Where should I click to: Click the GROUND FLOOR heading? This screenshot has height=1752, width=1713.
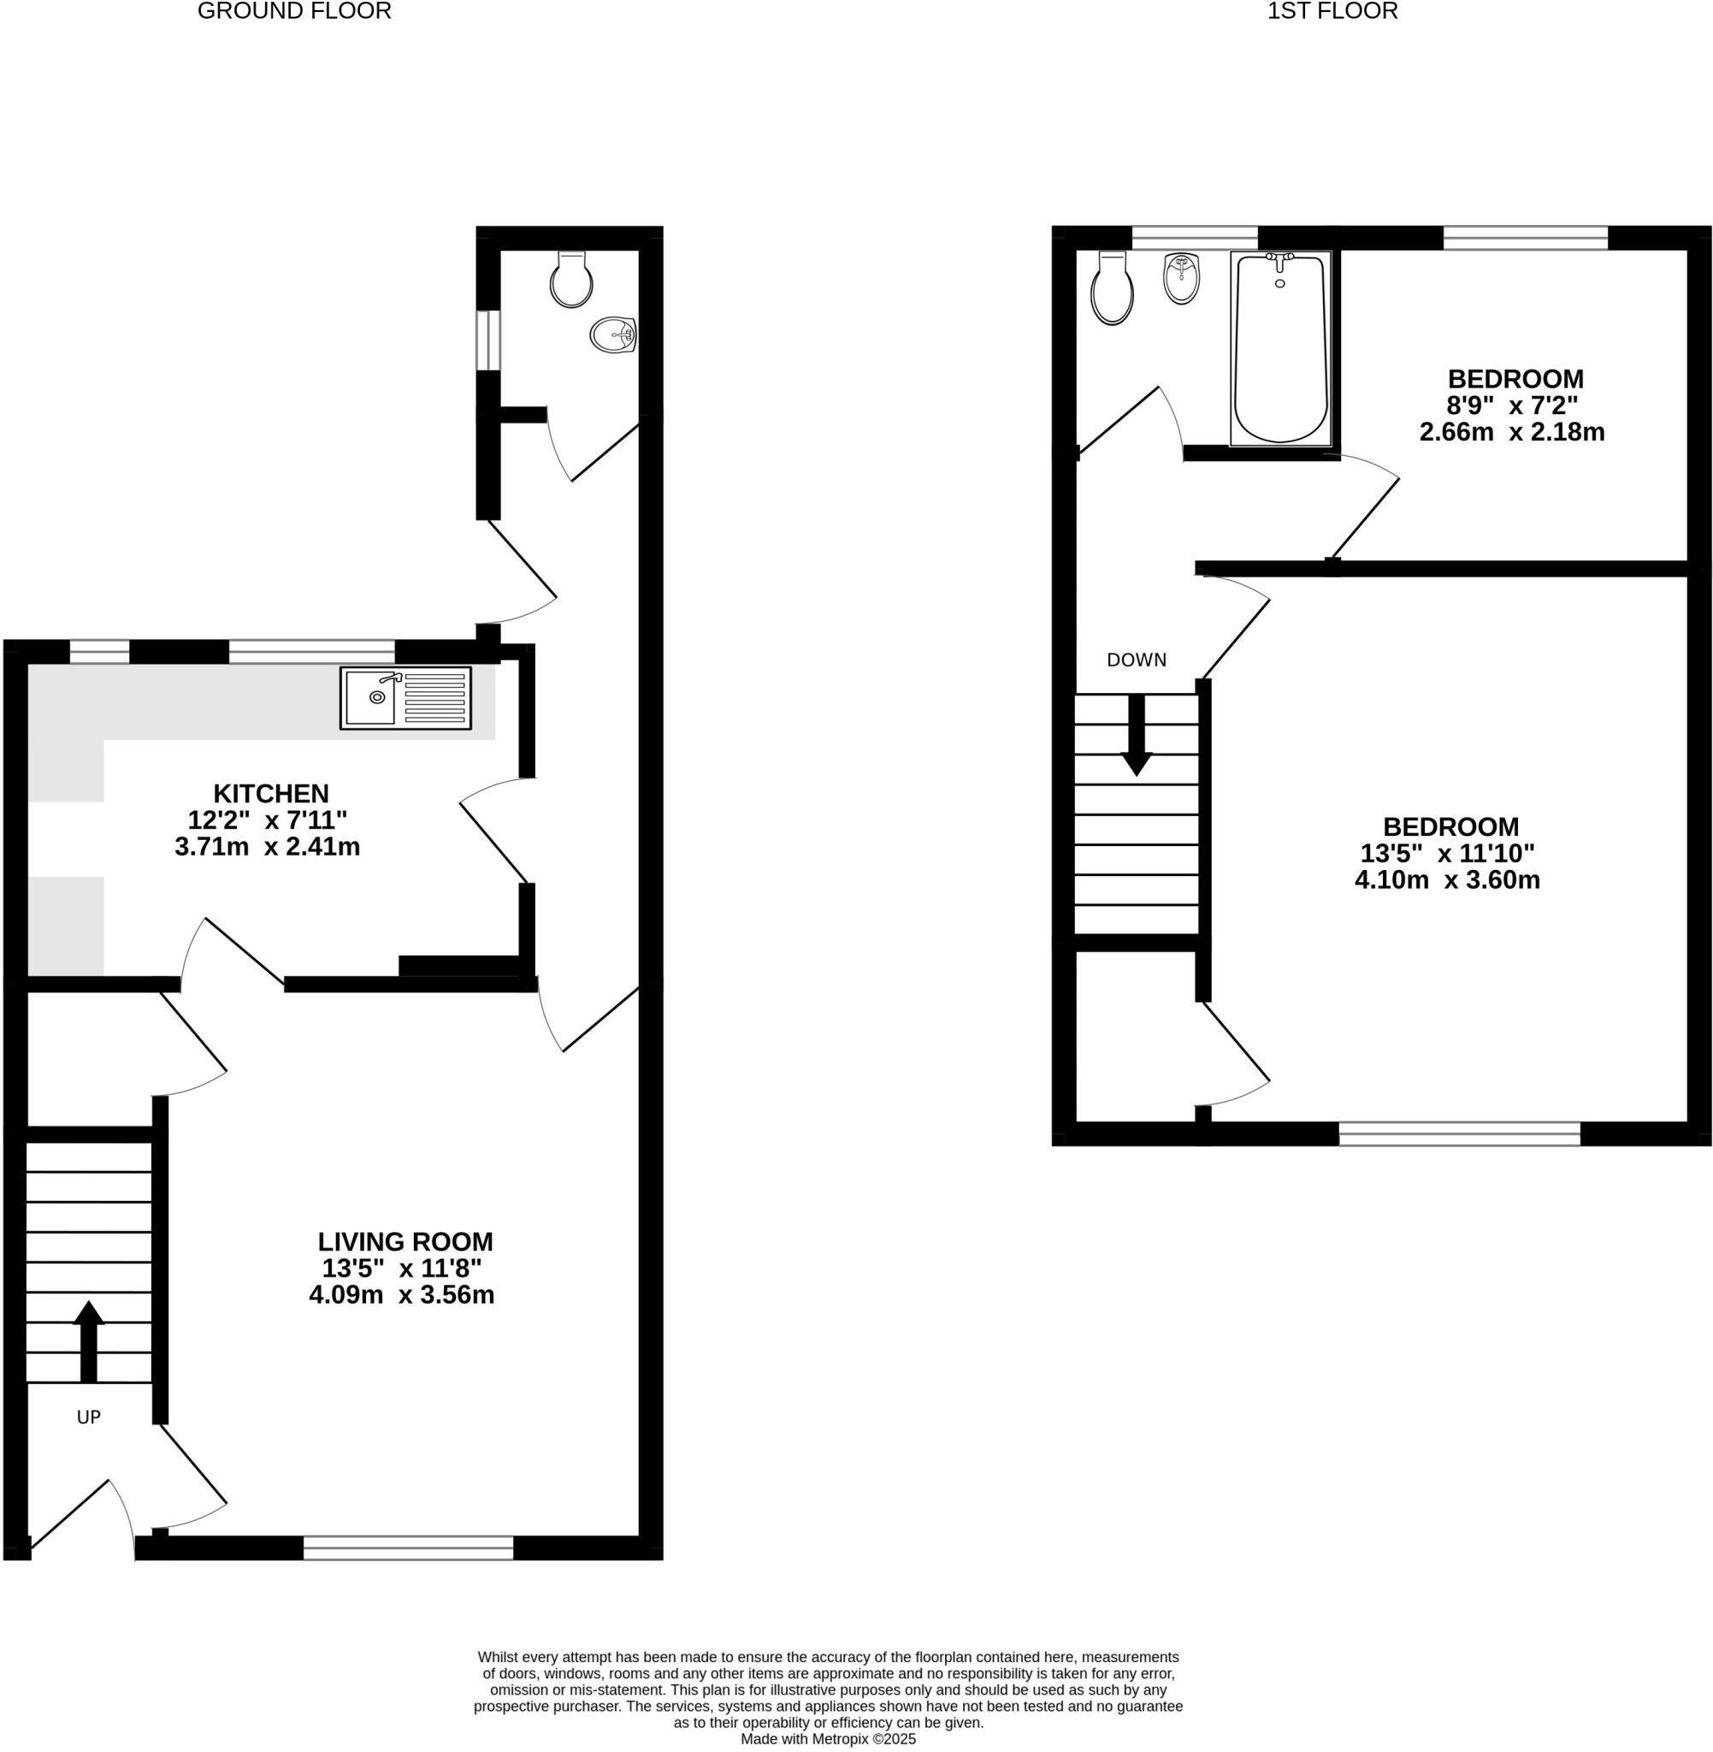(294, 12)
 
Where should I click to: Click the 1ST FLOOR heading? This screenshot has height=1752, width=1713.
(1332, 12)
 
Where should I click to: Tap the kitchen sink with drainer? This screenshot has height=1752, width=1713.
(405, 697)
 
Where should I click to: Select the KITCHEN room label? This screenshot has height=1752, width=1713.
(271, 794)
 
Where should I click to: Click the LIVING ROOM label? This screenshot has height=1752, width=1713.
(405, 1242)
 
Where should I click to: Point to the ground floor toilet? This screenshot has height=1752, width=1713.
(571, 280)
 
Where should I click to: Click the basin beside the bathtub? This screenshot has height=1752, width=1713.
(1181, 279)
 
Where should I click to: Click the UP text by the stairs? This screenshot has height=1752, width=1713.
(88, 1418)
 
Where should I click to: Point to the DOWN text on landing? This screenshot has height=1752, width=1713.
(1137, 660)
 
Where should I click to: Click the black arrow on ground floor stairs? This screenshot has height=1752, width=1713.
(88, 1341)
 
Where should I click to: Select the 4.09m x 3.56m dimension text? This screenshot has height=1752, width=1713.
(401, 1295)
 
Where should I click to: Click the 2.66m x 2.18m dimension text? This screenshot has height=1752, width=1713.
(1511, 432)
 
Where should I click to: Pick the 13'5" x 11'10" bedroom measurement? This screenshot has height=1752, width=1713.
(1447, 852)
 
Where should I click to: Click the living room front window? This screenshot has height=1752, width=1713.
(408, 1548)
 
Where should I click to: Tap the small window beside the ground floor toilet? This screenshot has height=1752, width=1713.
(487, 340)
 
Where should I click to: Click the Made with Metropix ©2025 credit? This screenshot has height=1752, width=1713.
(828, 1739)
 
